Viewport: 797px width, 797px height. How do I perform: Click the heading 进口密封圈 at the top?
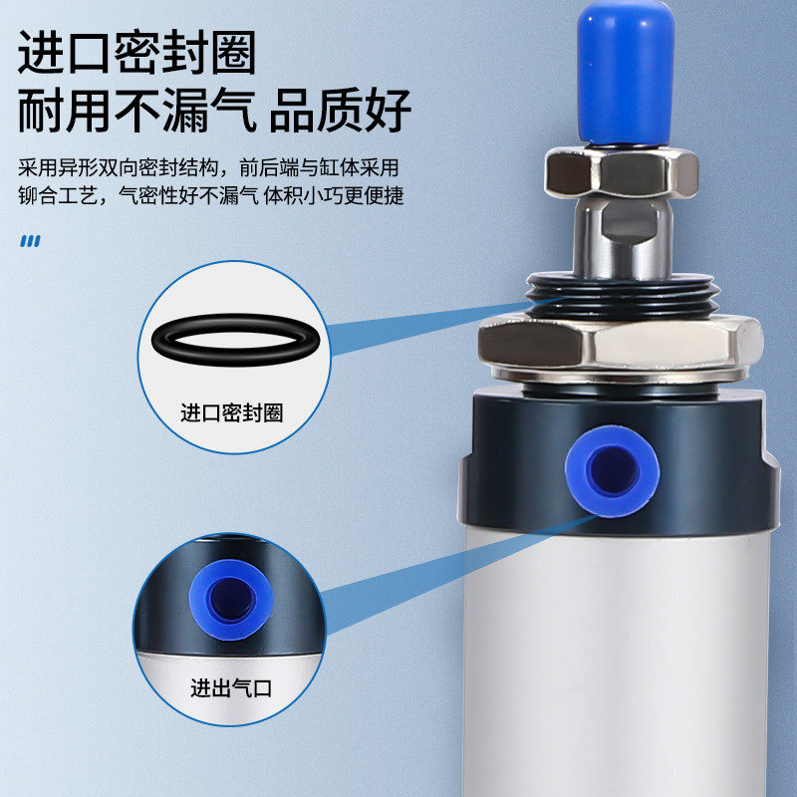pos(136,53)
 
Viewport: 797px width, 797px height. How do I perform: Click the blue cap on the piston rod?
pos(624,70)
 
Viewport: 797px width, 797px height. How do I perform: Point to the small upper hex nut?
pos(610,173)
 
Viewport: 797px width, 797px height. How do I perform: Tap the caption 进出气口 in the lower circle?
pos(231,687)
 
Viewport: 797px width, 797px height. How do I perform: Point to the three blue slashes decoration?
pos(31,240)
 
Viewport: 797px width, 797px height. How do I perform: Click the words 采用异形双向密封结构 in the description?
pos(116,166)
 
